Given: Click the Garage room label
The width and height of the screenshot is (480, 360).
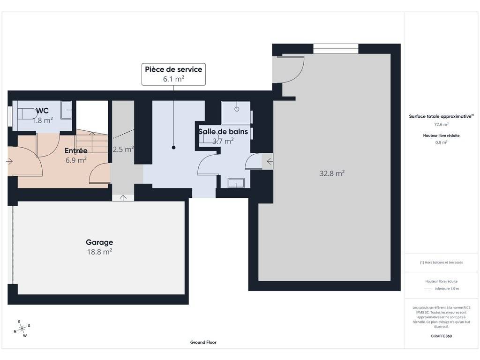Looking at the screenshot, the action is [x=99, y=242].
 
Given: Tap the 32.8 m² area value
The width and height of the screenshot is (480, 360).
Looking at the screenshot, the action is [x=332, y=173].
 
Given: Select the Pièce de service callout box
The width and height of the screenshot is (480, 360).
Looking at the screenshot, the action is [x=173, y=74].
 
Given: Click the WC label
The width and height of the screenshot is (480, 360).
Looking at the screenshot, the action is [x=42, y=111].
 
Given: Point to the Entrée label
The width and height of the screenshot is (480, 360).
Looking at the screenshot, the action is [x=76, y=150].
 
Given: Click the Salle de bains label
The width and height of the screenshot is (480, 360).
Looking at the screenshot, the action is [x=223, y=132].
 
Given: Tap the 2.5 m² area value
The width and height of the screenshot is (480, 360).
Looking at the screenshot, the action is [x=123, y=149].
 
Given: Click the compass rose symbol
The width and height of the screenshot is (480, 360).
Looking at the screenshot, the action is [x=22, y=329].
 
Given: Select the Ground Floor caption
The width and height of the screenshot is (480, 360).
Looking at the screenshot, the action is [x=203, y=342].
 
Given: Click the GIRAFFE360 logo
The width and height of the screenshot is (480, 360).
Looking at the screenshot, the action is [x=441, y=336].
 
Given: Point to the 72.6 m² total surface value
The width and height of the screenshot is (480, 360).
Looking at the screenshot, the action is [x=441, y=124].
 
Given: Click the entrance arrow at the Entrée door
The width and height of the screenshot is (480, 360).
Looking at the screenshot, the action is [x=9, y=161].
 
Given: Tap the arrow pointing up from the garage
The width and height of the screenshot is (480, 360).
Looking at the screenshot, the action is [x=123, y=198].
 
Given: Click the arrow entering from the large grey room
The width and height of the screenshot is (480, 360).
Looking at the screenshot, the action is [x=270, y=161].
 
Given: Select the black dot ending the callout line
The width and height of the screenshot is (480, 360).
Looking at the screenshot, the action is [x=173, y=148].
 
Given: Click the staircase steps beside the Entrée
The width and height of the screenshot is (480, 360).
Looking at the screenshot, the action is [x=92, y=142].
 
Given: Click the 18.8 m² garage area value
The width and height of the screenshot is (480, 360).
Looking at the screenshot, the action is [x=99, y=252].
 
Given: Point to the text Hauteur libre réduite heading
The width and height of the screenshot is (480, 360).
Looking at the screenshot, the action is [x=441, y=135].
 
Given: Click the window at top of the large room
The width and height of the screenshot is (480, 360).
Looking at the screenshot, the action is [x=336, y=49].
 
